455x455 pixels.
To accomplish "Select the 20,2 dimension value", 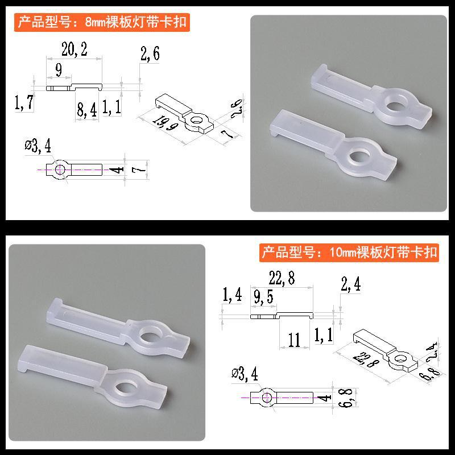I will [74, 51].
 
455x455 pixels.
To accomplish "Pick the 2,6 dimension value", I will [149, 55].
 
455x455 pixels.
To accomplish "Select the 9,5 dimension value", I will [263, 295].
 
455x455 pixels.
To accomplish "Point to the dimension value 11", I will [294, 340].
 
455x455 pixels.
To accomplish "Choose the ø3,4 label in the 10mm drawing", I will [245, 374].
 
